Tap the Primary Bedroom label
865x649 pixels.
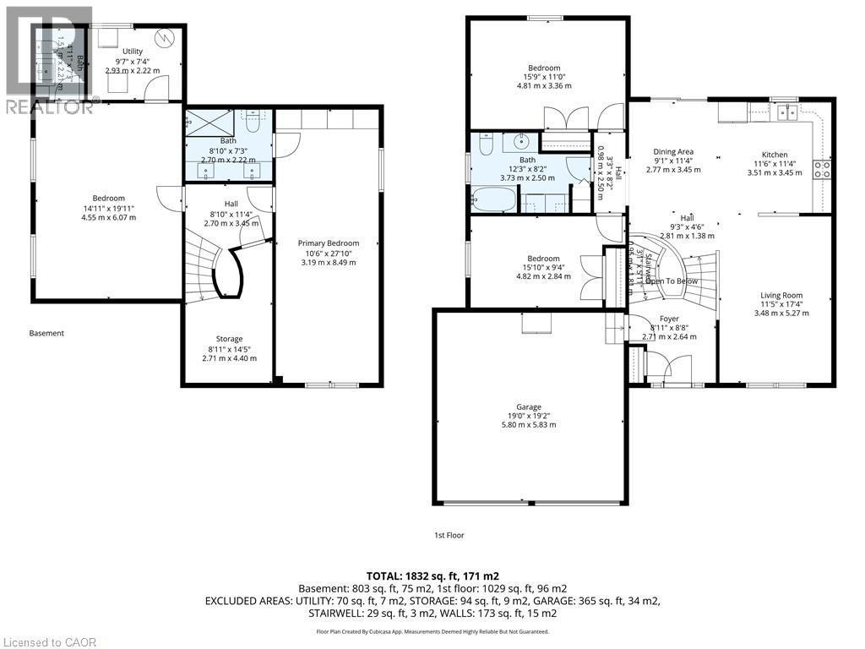click(329, 243)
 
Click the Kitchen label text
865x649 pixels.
click(775, 155)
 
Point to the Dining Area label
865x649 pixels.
click(673, 152)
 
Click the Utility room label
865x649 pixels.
click(132, 52)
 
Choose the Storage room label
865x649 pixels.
click(229, 339)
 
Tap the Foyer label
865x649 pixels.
click(669, 319)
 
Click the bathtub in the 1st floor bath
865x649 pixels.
click(492, 201)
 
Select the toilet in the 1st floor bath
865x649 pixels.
click(485, 145)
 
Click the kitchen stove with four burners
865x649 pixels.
click(821, 168)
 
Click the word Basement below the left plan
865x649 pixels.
click(46, 333)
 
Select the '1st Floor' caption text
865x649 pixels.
click(449, 535)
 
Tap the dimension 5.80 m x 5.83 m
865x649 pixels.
click(530, 424)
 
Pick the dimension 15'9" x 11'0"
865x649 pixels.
click(544, 77)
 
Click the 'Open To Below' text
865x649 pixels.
click(673, 281)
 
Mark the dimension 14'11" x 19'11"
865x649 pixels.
click(108, 208)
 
